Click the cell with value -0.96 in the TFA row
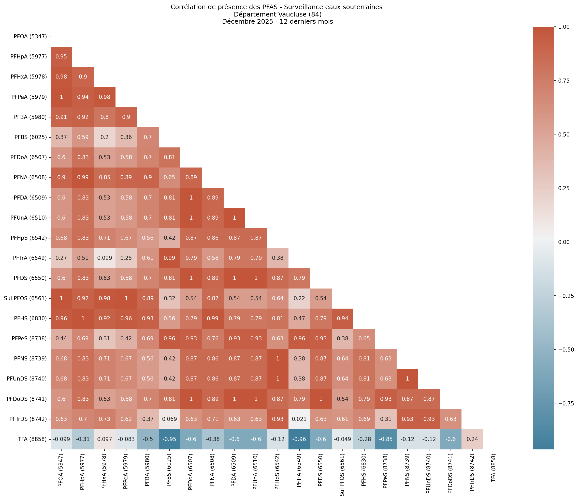point(299,439)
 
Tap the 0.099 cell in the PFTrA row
point(104,258)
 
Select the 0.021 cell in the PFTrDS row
point(299,419)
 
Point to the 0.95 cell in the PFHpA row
point(61,57)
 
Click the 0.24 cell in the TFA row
point(472,439)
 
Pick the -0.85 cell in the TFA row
point(386,439)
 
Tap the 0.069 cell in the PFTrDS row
point(169,419)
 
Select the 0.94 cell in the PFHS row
point(342,318)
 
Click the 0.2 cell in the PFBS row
point(104,137)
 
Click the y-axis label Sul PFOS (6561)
point(25,298)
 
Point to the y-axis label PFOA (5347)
point(30,37)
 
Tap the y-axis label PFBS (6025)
point(31,137)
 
